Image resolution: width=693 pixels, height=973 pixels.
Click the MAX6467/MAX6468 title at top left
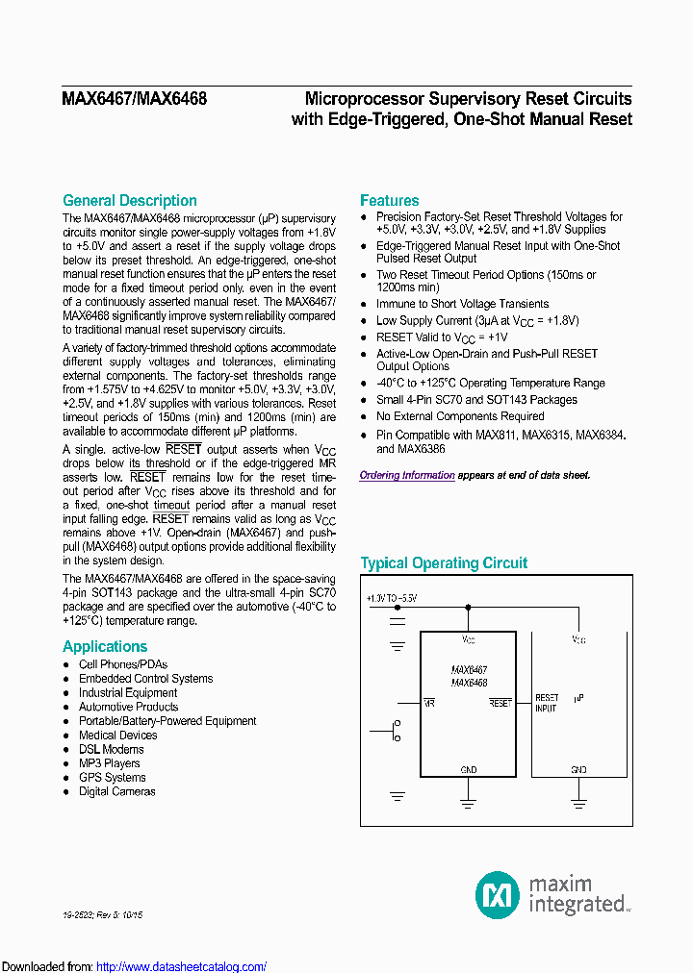[135, 98]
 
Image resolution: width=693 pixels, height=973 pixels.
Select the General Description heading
[130, 200]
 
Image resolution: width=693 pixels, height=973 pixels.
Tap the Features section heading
[390, 200]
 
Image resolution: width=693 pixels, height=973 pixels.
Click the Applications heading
[105, 646]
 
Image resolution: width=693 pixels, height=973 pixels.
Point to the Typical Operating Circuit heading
[444, 563]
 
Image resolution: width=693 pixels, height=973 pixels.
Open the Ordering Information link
[407, 475]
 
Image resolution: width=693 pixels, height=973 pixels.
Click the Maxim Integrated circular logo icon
[498, 894]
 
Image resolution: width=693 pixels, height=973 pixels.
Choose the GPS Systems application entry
[113, 777]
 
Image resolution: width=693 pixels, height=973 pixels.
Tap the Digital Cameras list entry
[116, 791]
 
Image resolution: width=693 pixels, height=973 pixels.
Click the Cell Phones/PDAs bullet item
[123, 664]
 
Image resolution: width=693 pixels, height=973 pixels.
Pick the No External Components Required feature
[460, 416]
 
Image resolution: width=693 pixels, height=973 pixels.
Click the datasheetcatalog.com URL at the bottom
[182, 966]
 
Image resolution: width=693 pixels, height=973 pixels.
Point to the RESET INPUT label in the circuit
[547, 703]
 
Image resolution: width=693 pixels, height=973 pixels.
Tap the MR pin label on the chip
[430, 703]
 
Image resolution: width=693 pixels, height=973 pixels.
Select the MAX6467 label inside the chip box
[469, 669]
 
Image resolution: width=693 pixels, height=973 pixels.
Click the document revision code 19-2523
[82, 915]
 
